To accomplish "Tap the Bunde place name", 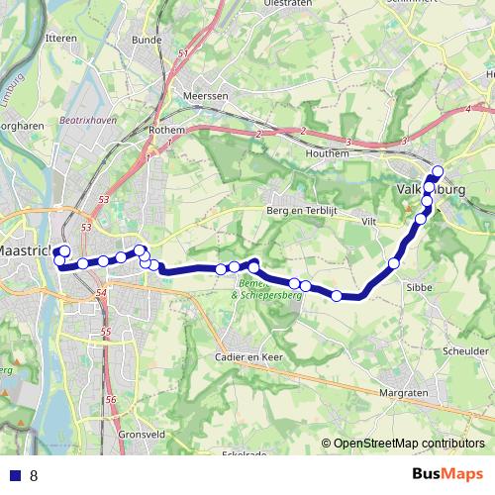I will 146,41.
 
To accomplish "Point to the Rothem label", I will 166,129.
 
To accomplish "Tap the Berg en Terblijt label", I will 303,211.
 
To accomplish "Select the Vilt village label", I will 371,222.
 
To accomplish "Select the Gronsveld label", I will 141,435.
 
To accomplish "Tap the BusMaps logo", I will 447,474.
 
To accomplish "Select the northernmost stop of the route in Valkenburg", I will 438,171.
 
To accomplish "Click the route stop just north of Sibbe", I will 394,263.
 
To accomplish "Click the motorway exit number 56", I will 111,400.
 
